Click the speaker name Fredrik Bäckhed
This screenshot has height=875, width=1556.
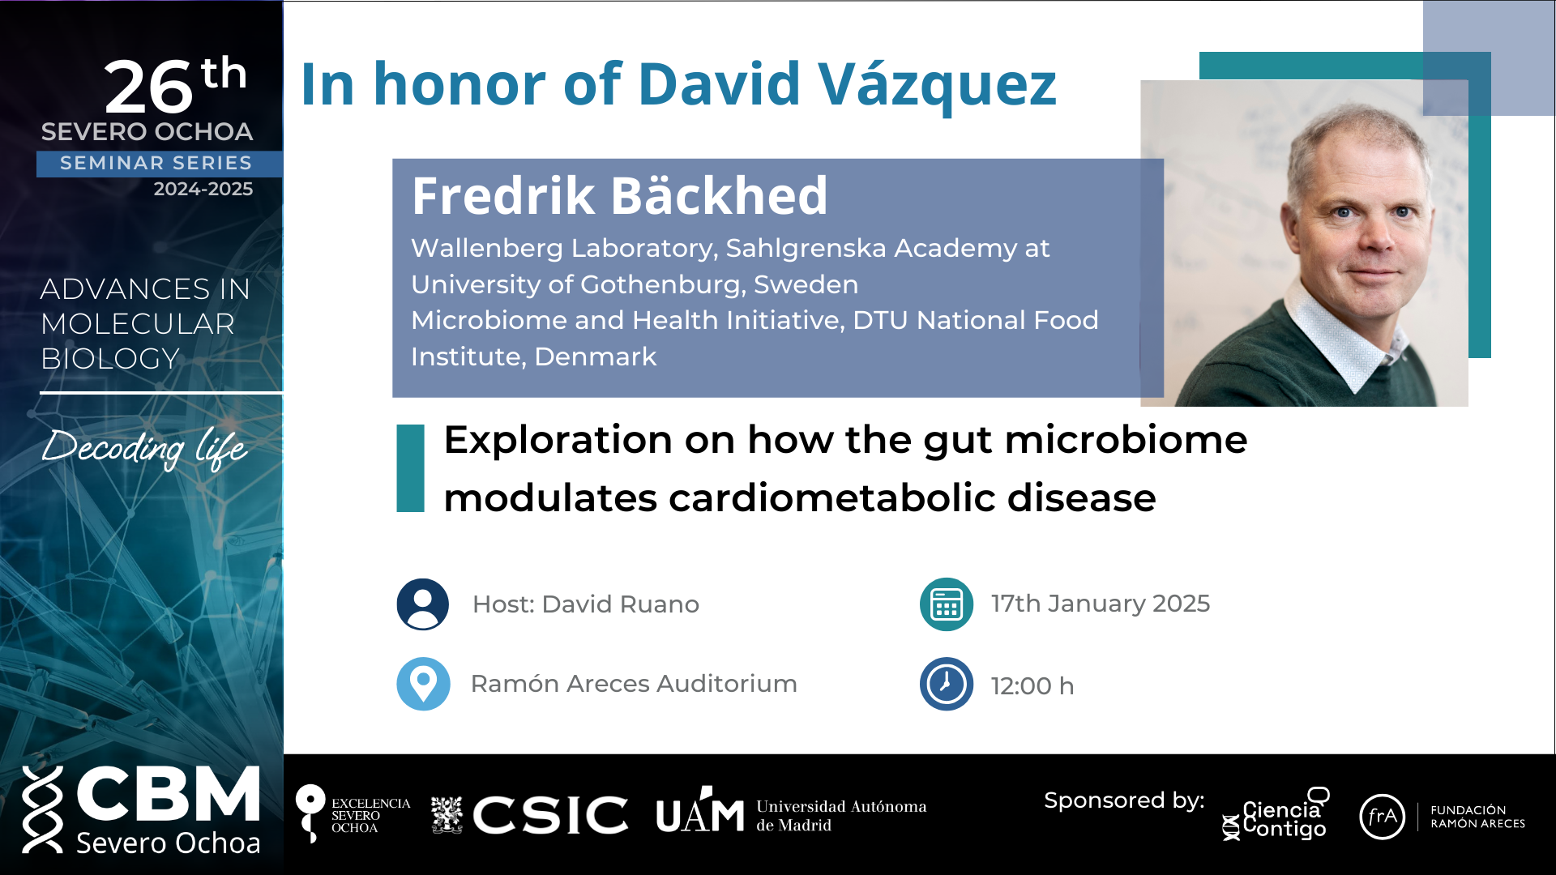tap(619, 196)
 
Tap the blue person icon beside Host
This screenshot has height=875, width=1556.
tap(423, 604)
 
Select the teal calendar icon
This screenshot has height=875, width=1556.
tap(947, 604)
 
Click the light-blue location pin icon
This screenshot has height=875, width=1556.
tap(423, 684)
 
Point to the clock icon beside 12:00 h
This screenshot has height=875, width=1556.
tap(947, 684)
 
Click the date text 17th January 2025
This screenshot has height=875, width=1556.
tap(1100, 604)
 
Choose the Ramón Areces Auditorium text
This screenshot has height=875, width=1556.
tap(634, 684)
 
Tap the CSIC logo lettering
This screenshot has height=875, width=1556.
tap(550, 814)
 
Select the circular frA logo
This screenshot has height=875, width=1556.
tap(1382, 817)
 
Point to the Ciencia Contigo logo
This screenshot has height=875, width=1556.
tap(1276, 815)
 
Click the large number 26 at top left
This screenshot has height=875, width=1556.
tap(149, 87)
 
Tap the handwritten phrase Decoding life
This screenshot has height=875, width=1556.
tap(144, 448)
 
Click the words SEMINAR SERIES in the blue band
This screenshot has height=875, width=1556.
tap(156, 163)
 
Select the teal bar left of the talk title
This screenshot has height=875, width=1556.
tap(410, 468)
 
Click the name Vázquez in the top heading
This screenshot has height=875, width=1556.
tap(937, 85)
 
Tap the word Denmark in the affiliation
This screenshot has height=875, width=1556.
tap(596, 356)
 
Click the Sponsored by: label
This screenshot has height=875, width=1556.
tap(1124, 801)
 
